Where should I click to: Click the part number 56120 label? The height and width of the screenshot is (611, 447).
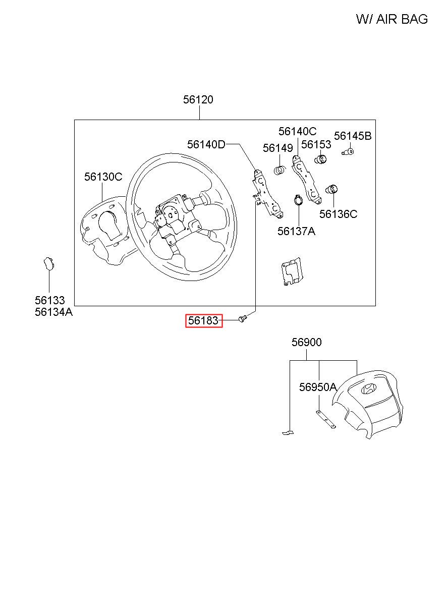click(x=198, y=99)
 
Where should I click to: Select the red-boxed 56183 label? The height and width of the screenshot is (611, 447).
click(x=204, y=320)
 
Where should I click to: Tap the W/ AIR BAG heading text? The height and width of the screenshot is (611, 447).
click(x=392, y=19)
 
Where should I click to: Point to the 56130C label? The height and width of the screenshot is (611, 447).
click(x=103, y=177)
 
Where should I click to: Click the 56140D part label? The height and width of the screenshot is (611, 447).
click(x=206, y=144)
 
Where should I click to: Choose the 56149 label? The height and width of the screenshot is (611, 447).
click(x=277, y=148)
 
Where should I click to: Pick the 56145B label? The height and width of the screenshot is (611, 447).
click(x=353, y=136)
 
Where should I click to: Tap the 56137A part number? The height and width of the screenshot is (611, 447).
click(x=296, y=231)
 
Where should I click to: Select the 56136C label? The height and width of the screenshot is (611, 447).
click(x=338, y=214)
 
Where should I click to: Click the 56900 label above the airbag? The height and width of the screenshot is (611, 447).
click(x=307, y=342)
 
